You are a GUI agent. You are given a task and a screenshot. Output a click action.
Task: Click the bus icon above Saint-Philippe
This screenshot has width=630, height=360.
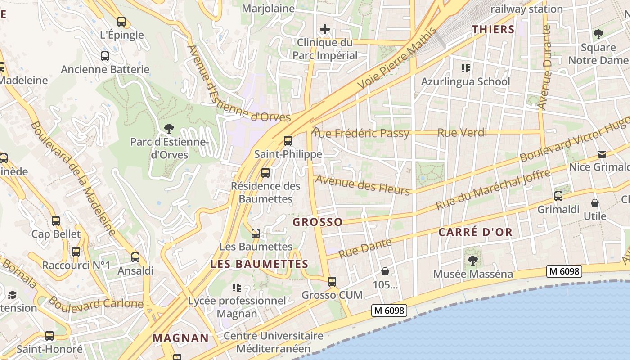(x=288, y=141)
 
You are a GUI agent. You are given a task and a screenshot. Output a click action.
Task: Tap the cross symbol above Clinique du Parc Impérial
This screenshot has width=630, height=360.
(x=324, y=30)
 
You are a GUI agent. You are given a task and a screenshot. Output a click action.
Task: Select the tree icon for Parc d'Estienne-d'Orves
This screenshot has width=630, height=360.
(x=169, y=129)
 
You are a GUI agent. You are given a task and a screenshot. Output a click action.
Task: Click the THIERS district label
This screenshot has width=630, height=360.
(x=493, y=30)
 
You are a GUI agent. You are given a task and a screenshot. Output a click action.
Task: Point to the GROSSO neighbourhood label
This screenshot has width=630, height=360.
(x=318, y=222)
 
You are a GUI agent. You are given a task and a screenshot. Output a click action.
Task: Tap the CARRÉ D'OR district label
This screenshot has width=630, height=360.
(x=475, y=232)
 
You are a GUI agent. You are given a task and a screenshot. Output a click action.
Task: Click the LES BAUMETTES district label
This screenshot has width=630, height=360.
(x=259, y=264)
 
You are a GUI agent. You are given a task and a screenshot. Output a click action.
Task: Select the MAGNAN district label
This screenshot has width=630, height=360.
(x=180, y=338)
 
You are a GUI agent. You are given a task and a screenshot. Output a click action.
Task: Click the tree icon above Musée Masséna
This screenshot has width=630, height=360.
(x=472, y=260)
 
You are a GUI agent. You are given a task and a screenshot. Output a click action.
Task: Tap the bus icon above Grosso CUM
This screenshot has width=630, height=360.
(x=332, y=282)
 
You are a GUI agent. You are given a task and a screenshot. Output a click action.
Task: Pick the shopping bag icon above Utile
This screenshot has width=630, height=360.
(x=595, y=203)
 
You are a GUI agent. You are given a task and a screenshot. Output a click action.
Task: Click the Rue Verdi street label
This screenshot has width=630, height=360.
(x=462, y=133)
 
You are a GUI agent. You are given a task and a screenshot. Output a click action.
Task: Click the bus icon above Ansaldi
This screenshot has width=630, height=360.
(x=135, y=257)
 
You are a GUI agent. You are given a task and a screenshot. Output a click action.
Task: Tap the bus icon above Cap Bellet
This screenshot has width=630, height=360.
(x=56, y=221)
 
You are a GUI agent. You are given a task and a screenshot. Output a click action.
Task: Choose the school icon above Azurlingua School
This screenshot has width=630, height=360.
(x=466, y=68)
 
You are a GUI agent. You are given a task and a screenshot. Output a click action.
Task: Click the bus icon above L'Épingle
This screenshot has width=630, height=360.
(x=121, y=21)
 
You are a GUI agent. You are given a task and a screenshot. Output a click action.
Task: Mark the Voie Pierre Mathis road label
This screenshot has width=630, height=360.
(x=396, y=59)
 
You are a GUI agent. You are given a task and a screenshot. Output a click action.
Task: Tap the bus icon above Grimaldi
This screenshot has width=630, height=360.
(x=558, y=196)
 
